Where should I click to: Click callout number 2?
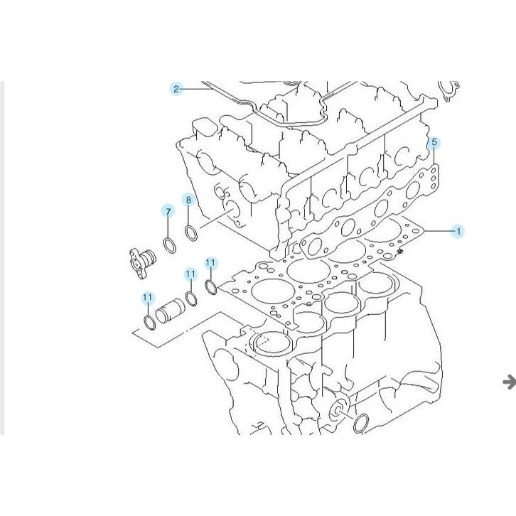[176, 89]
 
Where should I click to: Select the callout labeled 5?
[434, 142]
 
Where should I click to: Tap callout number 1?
[458, 231]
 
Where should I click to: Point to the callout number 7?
[168, 212]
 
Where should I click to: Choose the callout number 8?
[188, 200]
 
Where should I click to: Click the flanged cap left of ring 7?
[142, 263]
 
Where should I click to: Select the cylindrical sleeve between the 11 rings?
[170, 311]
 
